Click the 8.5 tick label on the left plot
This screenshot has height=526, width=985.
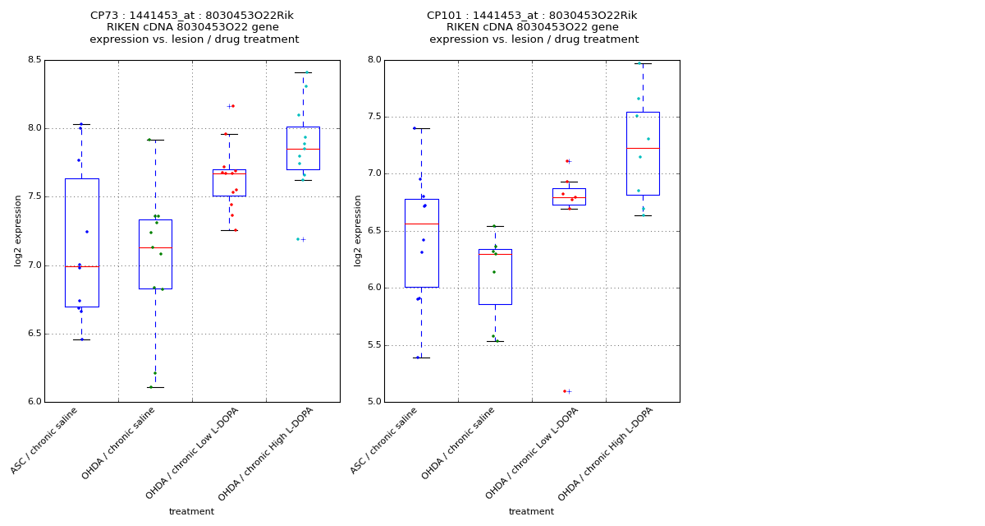point(34,60)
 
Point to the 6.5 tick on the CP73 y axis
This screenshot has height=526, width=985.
point(34,334)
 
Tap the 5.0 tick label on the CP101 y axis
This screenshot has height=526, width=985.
point(373,402)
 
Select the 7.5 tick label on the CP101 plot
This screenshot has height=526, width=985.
point(373,117)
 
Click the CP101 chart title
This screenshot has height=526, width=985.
point(533,27)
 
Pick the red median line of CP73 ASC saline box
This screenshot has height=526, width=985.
point(82,266)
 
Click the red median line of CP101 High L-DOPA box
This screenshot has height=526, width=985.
point(643,148)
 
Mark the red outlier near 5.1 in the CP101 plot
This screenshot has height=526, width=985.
point(565,391)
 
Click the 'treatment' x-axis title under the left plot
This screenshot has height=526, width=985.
point(191,511)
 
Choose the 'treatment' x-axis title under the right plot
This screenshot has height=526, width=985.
point(531,511)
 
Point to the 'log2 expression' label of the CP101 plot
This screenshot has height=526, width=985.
point(358,230)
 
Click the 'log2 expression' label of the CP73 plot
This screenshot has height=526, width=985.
point(18,230)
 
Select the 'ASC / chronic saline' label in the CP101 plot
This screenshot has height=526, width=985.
point(385,440)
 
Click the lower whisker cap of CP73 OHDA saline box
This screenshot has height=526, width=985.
point(155,387)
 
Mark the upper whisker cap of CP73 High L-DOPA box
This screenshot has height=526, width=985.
point(303,72)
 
